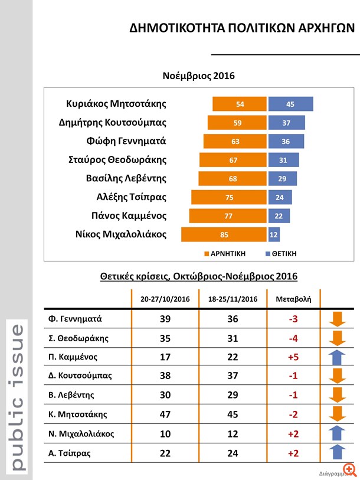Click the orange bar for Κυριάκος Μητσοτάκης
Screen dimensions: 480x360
tap(239, 104)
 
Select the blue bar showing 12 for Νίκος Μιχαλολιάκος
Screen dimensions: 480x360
tap(274, 234)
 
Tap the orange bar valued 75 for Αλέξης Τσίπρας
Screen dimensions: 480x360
tap(228, 197)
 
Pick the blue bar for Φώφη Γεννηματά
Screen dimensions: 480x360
tap(286, 141)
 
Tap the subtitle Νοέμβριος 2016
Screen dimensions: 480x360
tap(199, 76)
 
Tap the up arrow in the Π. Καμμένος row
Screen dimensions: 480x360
tap(337, 357)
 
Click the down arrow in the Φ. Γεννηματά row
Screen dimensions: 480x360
tap(337, 319)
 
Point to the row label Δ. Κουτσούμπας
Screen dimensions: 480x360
tap(80, 376)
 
